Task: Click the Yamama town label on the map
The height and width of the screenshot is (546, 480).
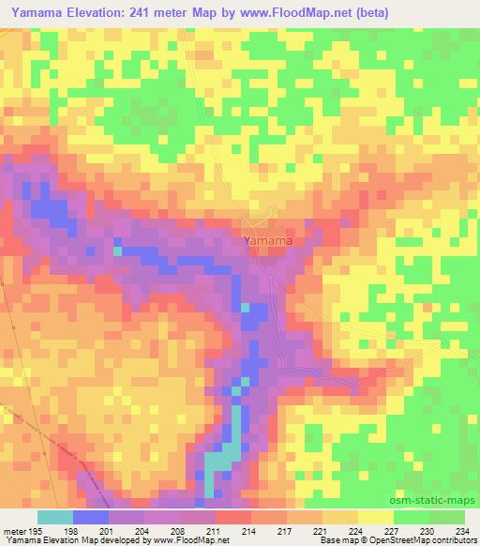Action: tap(268, 241)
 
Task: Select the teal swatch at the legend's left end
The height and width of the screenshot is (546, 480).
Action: tap(54, 517)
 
